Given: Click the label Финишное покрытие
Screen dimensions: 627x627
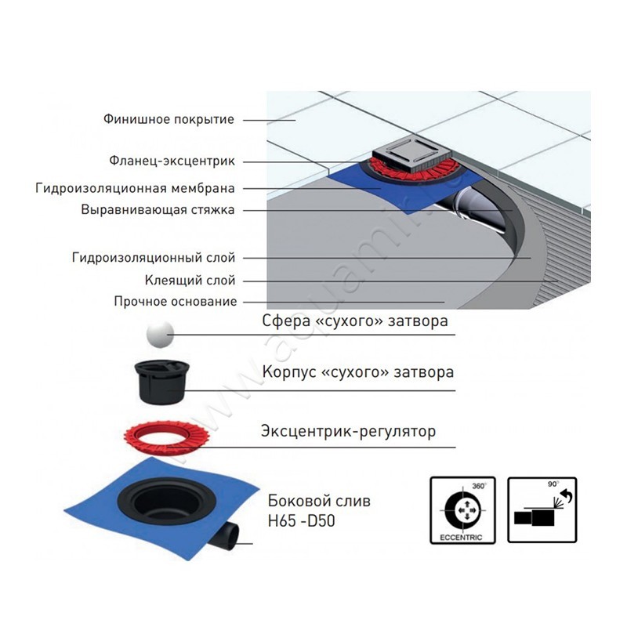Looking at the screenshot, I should (169, 120).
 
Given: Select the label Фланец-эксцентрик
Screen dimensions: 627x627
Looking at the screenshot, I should (172, 161).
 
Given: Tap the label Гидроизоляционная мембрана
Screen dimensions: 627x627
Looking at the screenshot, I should (136, 188).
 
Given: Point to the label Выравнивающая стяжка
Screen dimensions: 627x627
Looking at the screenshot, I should (158, 210).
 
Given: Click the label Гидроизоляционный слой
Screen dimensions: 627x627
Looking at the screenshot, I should (153, 257).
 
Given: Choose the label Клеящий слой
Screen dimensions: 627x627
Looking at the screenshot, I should (190, 280).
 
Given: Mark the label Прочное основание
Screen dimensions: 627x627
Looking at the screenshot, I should (174, 301).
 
